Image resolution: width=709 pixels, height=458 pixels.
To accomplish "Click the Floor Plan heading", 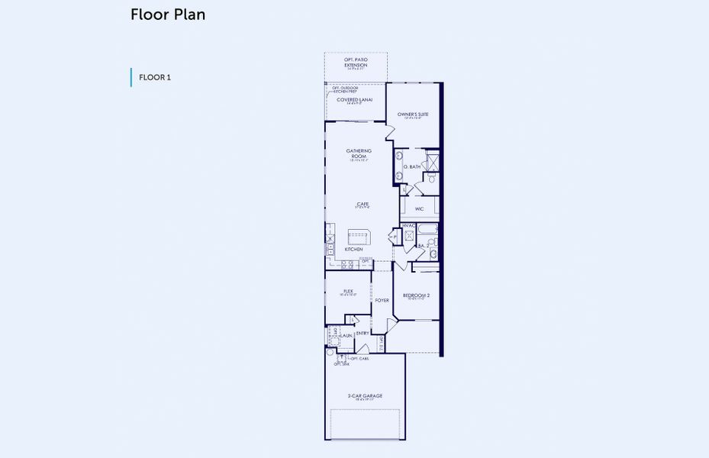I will point(168,15).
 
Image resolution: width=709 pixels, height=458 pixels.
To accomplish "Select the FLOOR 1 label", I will point(155,77).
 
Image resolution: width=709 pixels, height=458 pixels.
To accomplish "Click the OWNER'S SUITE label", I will point(413,114).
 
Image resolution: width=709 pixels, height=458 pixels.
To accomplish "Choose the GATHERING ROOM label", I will point(359,153).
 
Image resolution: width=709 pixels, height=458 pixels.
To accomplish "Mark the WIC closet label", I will point(419,208).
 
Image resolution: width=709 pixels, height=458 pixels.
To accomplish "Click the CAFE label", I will point(363,204).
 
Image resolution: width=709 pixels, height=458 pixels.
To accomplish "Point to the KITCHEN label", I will point(353,250).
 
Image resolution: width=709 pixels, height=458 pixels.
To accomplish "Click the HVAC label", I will point(408,226).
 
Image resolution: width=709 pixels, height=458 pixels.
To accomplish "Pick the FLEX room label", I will point(348,291).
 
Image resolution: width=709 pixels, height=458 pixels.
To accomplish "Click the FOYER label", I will point(382,300).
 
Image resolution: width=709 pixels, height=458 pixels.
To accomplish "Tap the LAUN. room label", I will point(346,334).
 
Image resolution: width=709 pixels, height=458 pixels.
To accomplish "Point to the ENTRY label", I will point(363,333).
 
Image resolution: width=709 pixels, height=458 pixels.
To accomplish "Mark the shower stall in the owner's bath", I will point(431,161).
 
